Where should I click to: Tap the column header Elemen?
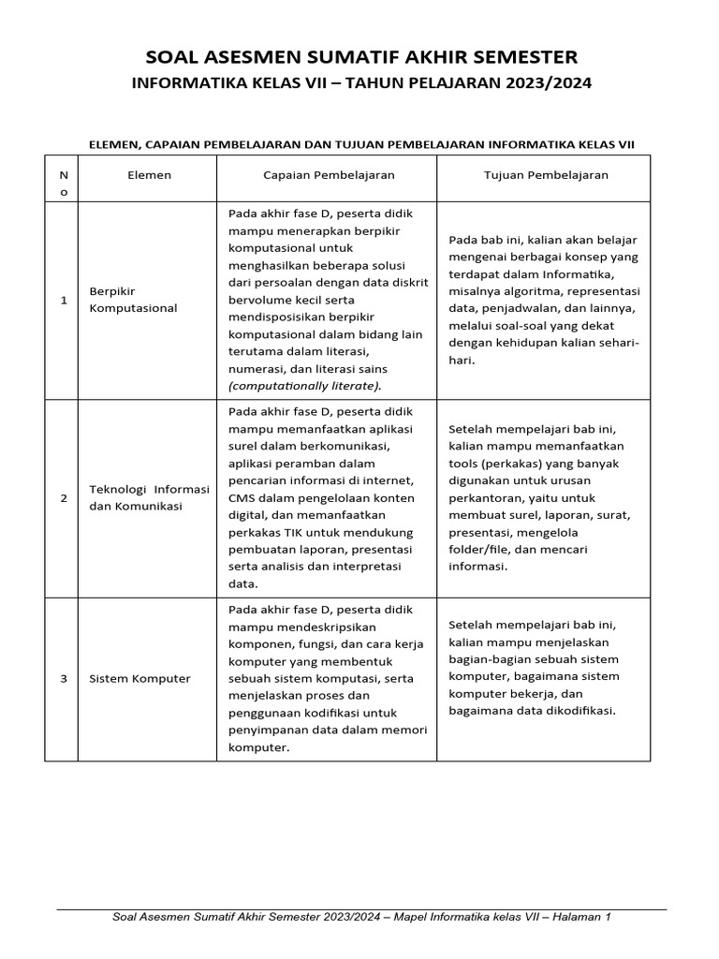(x=149, y=175)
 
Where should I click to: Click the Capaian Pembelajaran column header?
(x=328, y=175)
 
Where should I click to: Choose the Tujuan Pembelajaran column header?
(x=546, y=175)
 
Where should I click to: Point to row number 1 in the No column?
(x=63, y=300)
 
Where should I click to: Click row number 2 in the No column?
(x=63, y=497)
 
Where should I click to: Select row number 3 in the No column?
(x=63, y=679)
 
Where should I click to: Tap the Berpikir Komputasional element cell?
(x=132, y=300)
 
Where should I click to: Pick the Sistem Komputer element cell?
(x=139, y=679)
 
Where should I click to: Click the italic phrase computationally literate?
(x=304, y=386)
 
